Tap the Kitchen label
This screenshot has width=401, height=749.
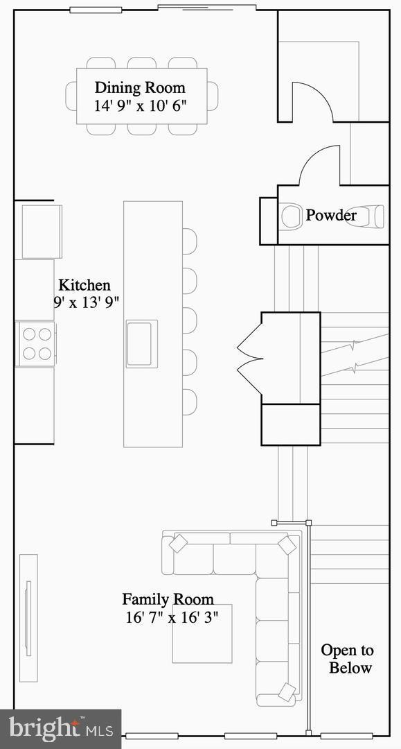pyautogui.click(x=84, y=285)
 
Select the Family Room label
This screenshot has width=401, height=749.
pyautogui.click(x=168, y=599)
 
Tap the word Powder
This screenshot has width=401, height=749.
pyautogui.click(x=331, y=215)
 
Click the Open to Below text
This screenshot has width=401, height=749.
pyautogui.click(x=347, y=659)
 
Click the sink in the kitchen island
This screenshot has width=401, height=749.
pyautogui.click(x=141, y=343)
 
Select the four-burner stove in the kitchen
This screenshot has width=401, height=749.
pyautogui.click(x=36, y=343)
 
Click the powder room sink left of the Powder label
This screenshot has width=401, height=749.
pyautogui.click(x=290, y=216)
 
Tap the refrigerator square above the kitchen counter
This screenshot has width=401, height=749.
pyautogui.click(x=42, y=231)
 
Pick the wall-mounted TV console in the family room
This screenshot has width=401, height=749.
pyautogui.click(x=28, y=617)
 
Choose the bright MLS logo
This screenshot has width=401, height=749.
pyautogui.click(x=60, y=728)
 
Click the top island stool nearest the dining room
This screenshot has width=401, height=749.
pyautogui.click(x=188, y=241)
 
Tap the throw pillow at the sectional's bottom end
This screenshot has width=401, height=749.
pyautogui.click(x=287, y=691)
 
